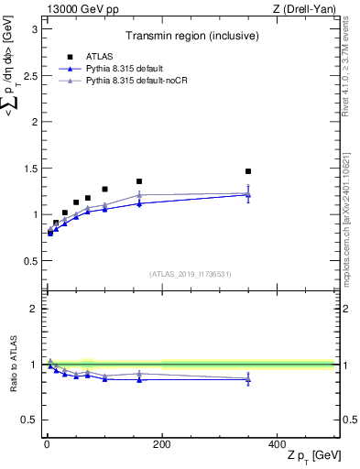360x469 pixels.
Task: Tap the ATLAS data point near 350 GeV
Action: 248,171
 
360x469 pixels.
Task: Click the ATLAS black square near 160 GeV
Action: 139,181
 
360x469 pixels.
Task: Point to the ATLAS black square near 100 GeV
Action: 104,189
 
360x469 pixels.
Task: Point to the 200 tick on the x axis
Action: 162,444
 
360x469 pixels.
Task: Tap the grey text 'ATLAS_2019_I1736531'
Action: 191,273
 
